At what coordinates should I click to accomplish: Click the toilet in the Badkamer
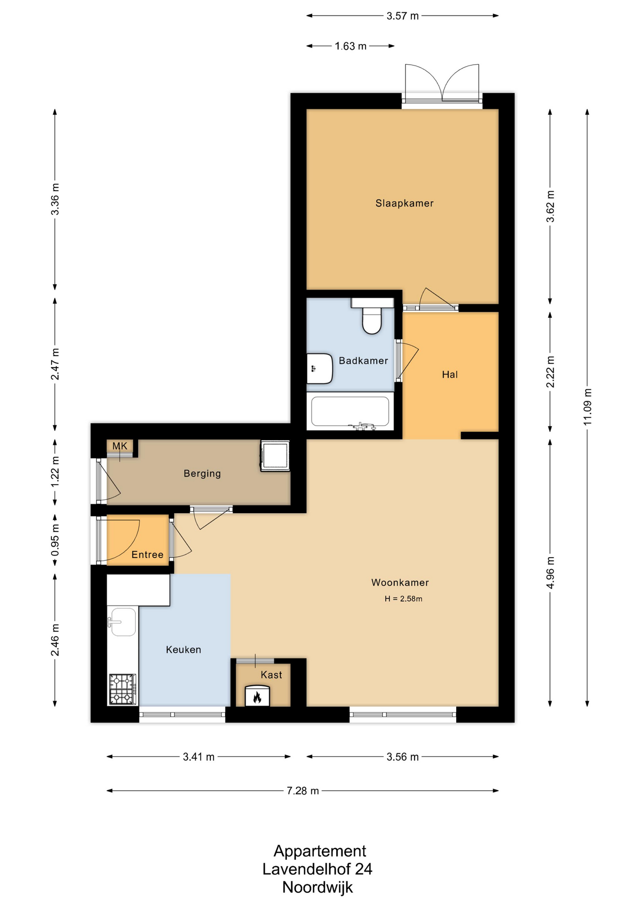(x=372, y=315)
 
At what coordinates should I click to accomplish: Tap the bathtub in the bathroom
(x=350, y=411)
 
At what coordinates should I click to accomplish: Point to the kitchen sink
(x=123, y=622)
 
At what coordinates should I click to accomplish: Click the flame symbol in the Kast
(x=257, y=697)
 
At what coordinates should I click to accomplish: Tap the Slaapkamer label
(x=404, y=203)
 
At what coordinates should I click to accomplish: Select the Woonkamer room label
(x=400, y=583)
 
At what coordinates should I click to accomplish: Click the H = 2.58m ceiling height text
(x=403, y=599)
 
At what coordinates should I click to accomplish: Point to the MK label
(x=120, y=446)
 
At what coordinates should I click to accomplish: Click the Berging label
(x=202, y=473)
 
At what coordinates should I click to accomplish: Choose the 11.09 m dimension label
(x=587, y=407)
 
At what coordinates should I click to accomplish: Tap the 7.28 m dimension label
(x=303, y=791)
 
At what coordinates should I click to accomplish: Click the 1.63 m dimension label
(x=351, y=46)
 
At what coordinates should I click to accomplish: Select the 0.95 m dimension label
(x=55, y=540)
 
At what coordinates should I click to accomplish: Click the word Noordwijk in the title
(x=318, y=888)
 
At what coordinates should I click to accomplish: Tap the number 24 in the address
(x=364, y=869)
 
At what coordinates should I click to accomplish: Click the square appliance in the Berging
(x=275, y=456)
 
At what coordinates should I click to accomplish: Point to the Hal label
(x=450, y=375)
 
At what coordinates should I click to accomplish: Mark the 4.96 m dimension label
(x=550, y=573)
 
